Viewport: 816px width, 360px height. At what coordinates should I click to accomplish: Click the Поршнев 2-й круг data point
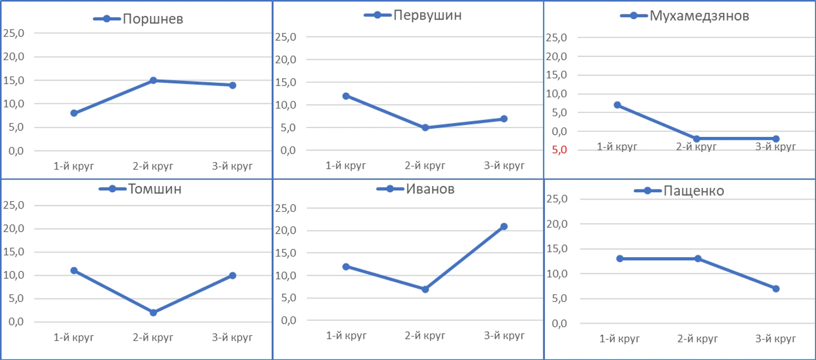coord(153,80)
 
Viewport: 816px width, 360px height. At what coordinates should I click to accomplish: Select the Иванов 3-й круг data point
coord(504,226)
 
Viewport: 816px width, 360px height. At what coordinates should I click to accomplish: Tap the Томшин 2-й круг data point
coord(153,312)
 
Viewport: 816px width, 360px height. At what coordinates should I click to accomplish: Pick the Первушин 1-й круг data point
coord(346,96)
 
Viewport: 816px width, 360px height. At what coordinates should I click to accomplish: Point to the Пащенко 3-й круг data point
coord(776,288)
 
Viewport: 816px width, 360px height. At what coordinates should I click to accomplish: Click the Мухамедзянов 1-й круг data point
coord(617,105)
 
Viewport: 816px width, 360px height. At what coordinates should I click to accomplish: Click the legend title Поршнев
coord(153,19)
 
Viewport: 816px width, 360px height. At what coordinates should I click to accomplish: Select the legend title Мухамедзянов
coord(699,16)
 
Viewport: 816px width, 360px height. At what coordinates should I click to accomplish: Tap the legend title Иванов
coord(430,189)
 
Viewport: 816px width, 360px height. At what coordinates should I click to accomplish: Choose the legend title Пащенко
coord(694,191)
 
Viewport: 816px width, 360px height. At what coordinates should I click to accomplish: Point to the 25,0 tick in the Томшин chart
coord(14,205)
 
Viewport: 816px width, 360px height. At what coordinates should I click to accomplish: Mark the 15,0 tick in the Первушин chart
coord(285,83)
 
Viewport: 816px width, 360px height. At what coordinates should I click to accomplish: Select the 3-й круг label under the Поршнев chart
coord(233,166)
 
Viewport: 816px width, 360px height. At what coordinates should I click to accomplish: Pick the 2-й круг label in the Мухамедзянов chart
coord(696,147)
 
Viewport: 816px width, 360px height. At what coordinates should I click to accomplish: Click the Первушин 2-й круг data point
coord(425,127)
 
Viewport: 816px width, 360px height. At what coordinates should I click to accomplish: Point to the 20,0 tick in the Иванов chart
coord(285,231)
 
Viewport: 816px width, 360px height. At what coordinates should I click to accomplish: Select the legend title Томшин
coord(155,188)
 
